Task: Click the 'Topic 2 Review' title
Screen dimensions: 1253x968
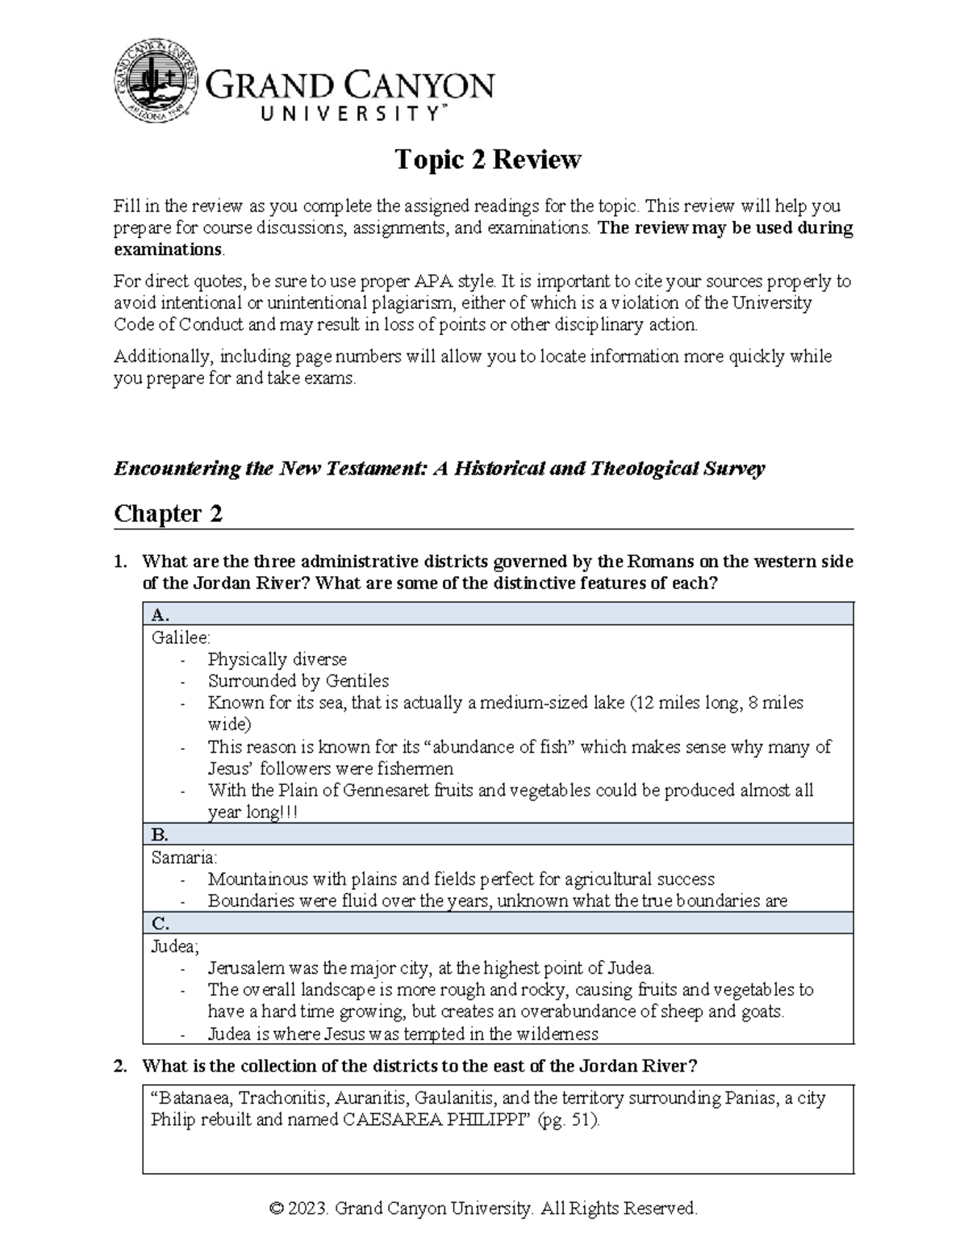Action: (x=487, y=160)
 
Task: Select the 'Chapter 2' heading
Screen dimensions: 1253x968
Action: (x=168, y=513)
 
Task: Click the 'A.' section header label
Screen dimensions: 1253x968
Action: (x=161, y=615)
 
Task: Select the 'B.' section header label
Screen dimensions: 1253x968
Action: (x=160, y=834)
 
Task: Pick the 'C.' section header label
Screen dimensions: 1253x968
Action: (x=161, y=924)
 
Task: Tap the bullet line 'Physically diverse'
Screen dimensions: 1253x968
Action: (x=277, y=659)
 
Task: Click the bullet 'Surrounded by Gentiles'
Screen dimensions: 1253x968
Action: (x=298, y=681)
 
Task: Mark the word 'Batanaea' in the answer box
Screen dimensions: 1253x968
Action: (x=194, y=1098)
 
